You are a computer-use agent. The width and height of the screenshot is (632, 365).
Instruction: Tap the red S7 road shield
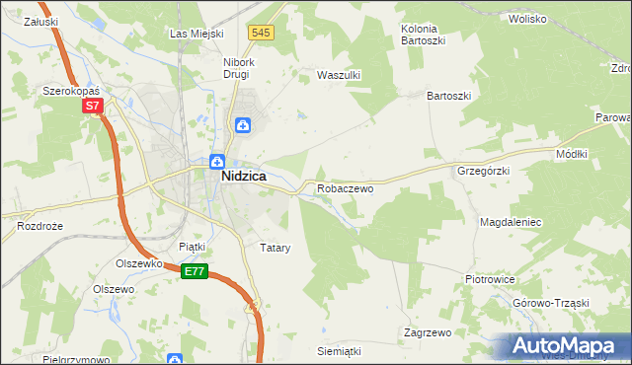[92, 106]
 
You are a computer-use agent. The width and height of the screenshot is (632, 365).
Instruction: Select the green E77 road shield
[194, 271]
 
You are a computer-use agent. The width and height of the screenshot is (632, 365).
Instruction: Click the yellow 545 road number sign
[260, 33]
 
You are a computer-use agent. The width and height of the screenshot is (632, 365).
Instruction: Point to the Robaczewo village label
[345, 187]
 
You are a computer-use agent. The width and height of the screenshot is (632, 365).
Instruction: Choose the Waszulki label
[336, 75]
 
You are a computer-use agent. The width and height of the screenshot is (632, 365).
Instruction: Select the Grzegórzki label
[483, 171]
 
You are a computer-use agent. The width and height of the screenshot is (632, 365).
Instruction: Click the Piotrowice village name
[491, 279]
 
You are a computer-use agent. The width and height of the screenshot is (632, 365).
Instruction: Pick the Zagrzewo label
[428, 332]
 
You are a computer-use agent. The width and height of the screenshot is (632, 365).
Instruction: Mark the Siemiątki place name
[339, 351]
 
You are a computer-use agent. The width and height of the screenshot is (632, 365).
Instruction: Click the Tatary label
[274, 248]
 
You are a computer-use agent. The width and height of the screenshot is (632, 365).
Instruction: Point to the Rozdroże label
[39, 226]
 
